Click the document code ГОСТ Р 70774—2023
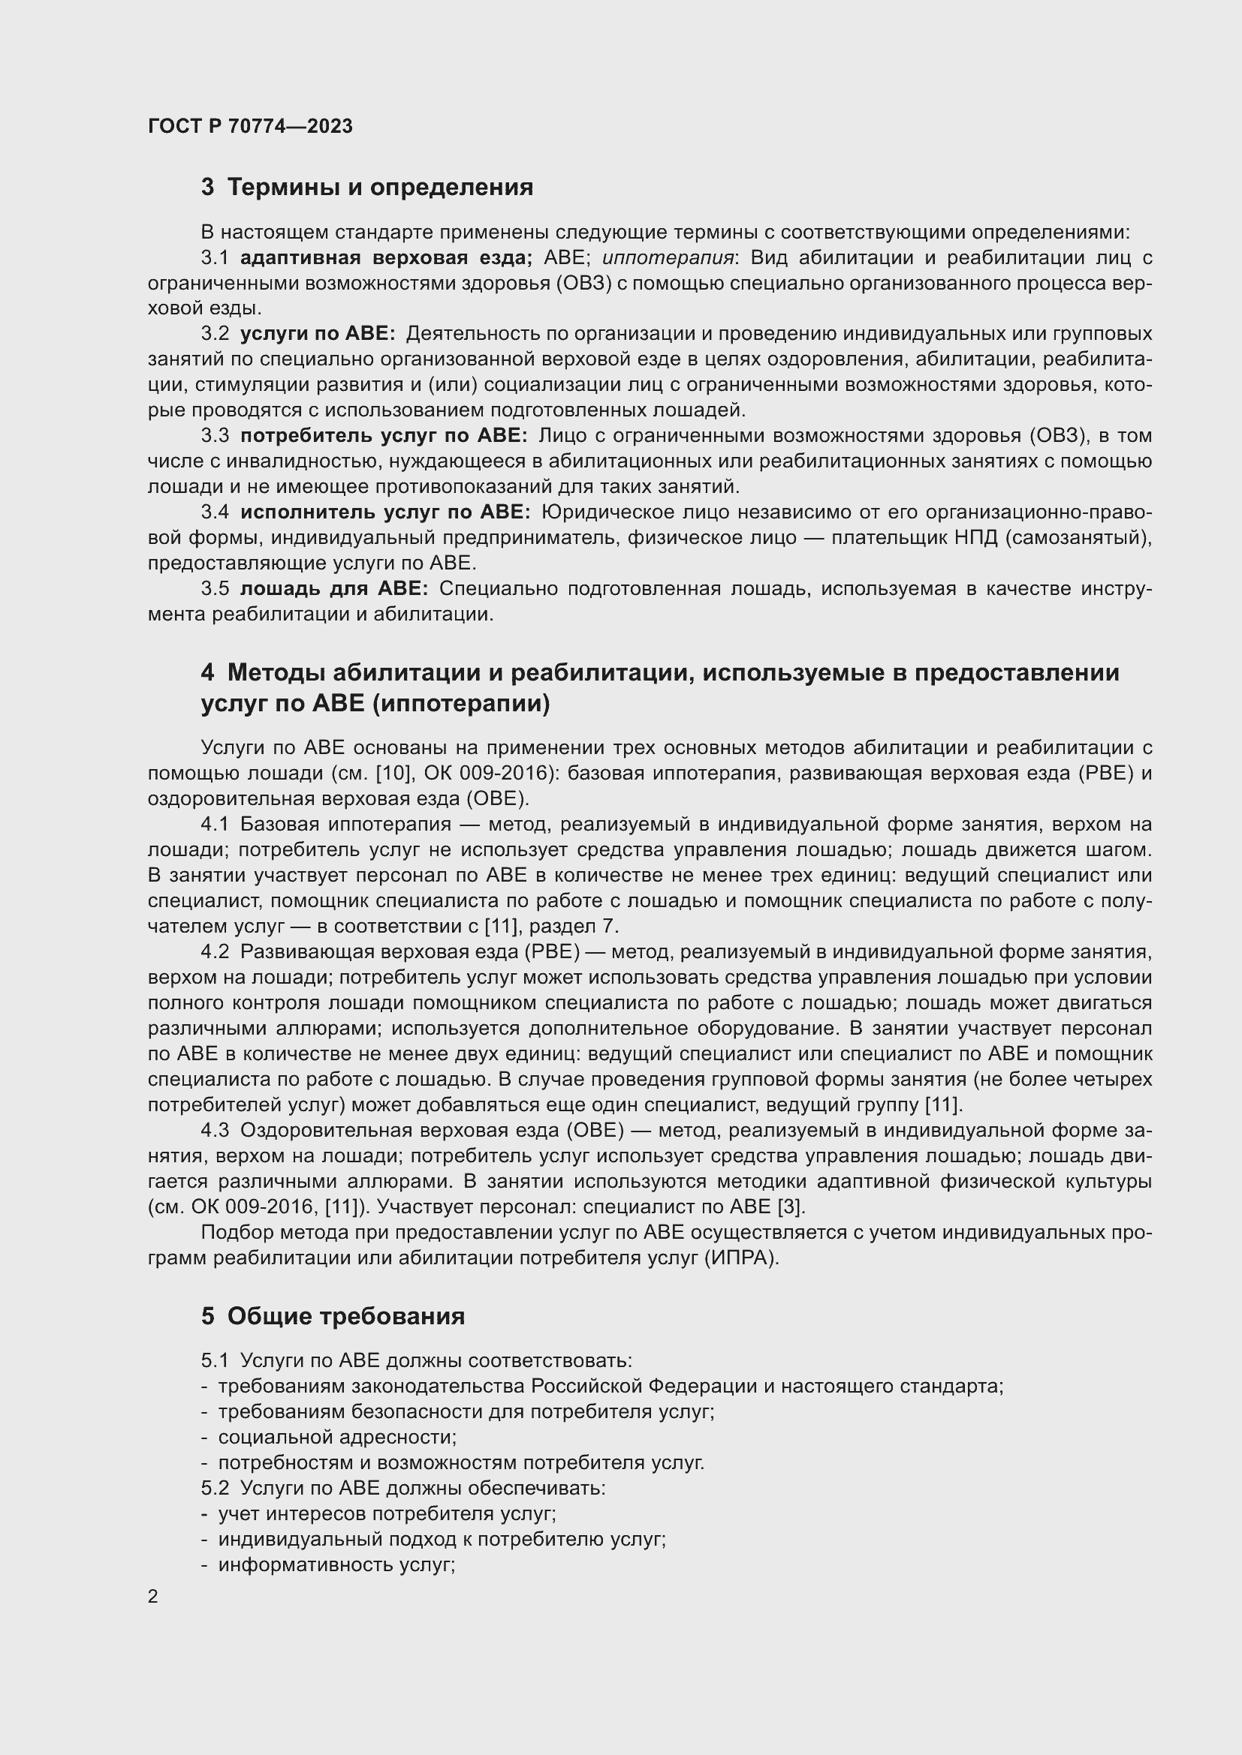pyautogui.click(x=250, y=126)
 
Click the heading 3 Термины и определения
pyautogui.click(x=367, y=188)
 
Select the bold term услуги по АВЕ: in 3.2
pyautogui.click(x=318, y=334)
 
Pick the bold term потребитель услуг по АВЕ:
pyautogui.click(x=384, y=436)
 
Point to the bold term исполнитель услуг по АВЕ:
pyautogui.click(x=385, y=512)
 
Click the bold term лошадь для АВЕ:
pyautogui.click(x=334, y=588)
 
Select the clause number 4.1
pyautogui.click(x=215, y=824)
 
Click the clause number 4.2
pyautogui.click(x=215, y=951)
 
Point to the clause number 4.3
pyautogui.click(x=215, y=1131)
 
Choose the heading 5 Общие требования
pyautogui.click(x=333, y=1316)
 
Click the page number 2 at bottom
pyautogui.click(x=153, y=1597)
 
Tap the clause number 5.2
pyautogui.click(x=215, y=1488)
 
